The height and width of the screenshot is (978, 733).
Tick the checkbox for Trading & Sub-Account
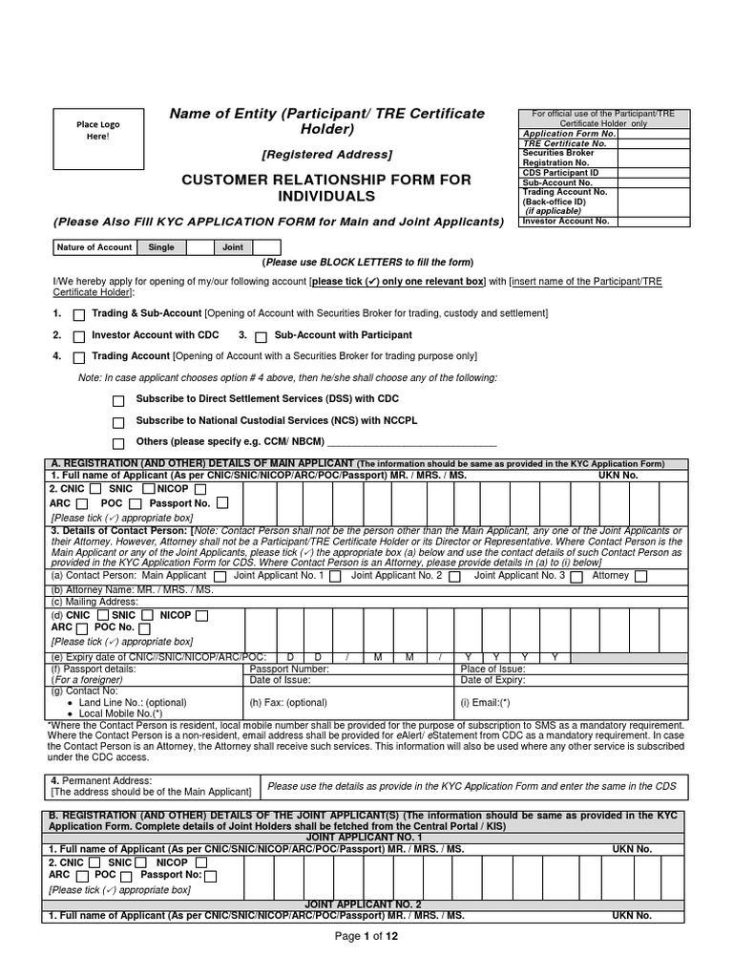79,314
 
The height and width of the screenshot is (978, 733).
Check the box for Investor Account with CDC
79,336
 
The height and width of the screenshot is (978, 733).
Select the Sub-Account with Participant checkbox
261,336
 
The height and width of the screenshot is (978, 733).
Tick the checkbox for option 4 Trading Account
79,357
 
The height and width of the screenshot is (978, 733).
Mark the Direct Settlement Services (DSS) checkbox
118,399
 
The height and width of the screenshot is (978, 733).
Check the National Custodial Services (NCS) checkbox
118,421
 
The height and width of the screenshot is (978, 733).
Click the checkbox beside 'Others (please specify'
118,443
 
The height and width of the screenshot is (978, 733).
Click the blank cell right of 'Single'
199,247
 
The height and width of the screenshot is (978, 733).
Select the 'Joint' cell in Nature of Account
233,247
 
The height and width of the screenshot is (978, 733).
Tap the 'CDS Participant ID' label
561,172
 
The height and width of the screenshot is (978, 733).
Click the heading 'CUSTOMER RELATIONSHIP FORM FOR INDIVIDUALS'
327,188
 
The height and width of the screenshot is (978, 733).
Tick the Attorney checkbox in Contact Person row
640,576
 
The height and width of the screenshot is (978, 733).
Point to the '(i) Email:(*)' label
487,702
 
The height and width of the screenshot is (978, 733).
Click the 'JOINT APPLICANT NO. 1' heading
363,836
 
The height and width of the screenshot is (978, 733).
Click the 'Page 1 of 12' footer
366,936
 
